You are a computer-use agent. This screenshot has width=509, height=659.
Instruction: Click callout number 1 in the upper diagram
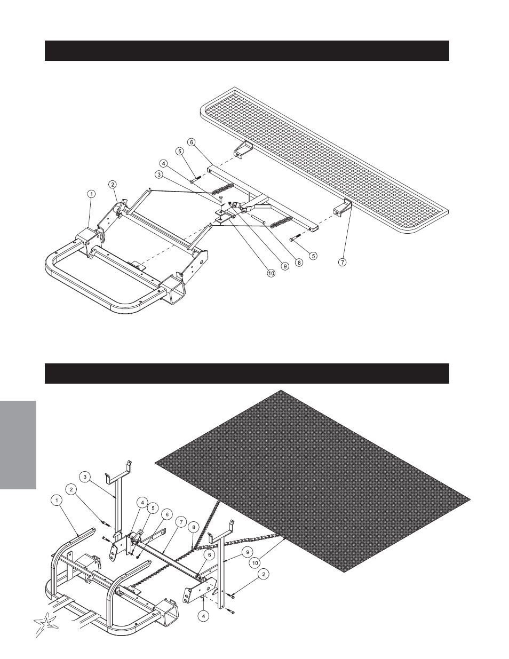point(91,194)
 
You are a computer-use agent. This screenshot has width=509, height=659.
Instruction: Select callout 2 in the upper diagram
point(113,185)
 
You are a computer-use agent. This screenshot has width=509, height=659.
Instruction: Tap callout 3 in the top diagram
point(158,174)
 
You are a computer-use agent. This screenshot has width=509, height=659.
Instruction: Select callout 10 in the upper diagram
point(271,273)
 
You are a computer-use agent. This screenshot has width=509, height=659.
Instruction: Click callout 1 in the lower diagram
point(55,500)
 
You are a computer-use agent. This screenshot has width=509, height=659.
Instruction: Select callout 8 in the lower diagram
point(194,528)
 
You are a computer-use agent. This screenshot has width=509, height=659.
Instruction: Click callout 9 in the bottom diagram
point(248,550)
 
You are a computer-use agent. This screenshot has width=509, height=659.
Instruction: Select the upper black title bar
point(246,51)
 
